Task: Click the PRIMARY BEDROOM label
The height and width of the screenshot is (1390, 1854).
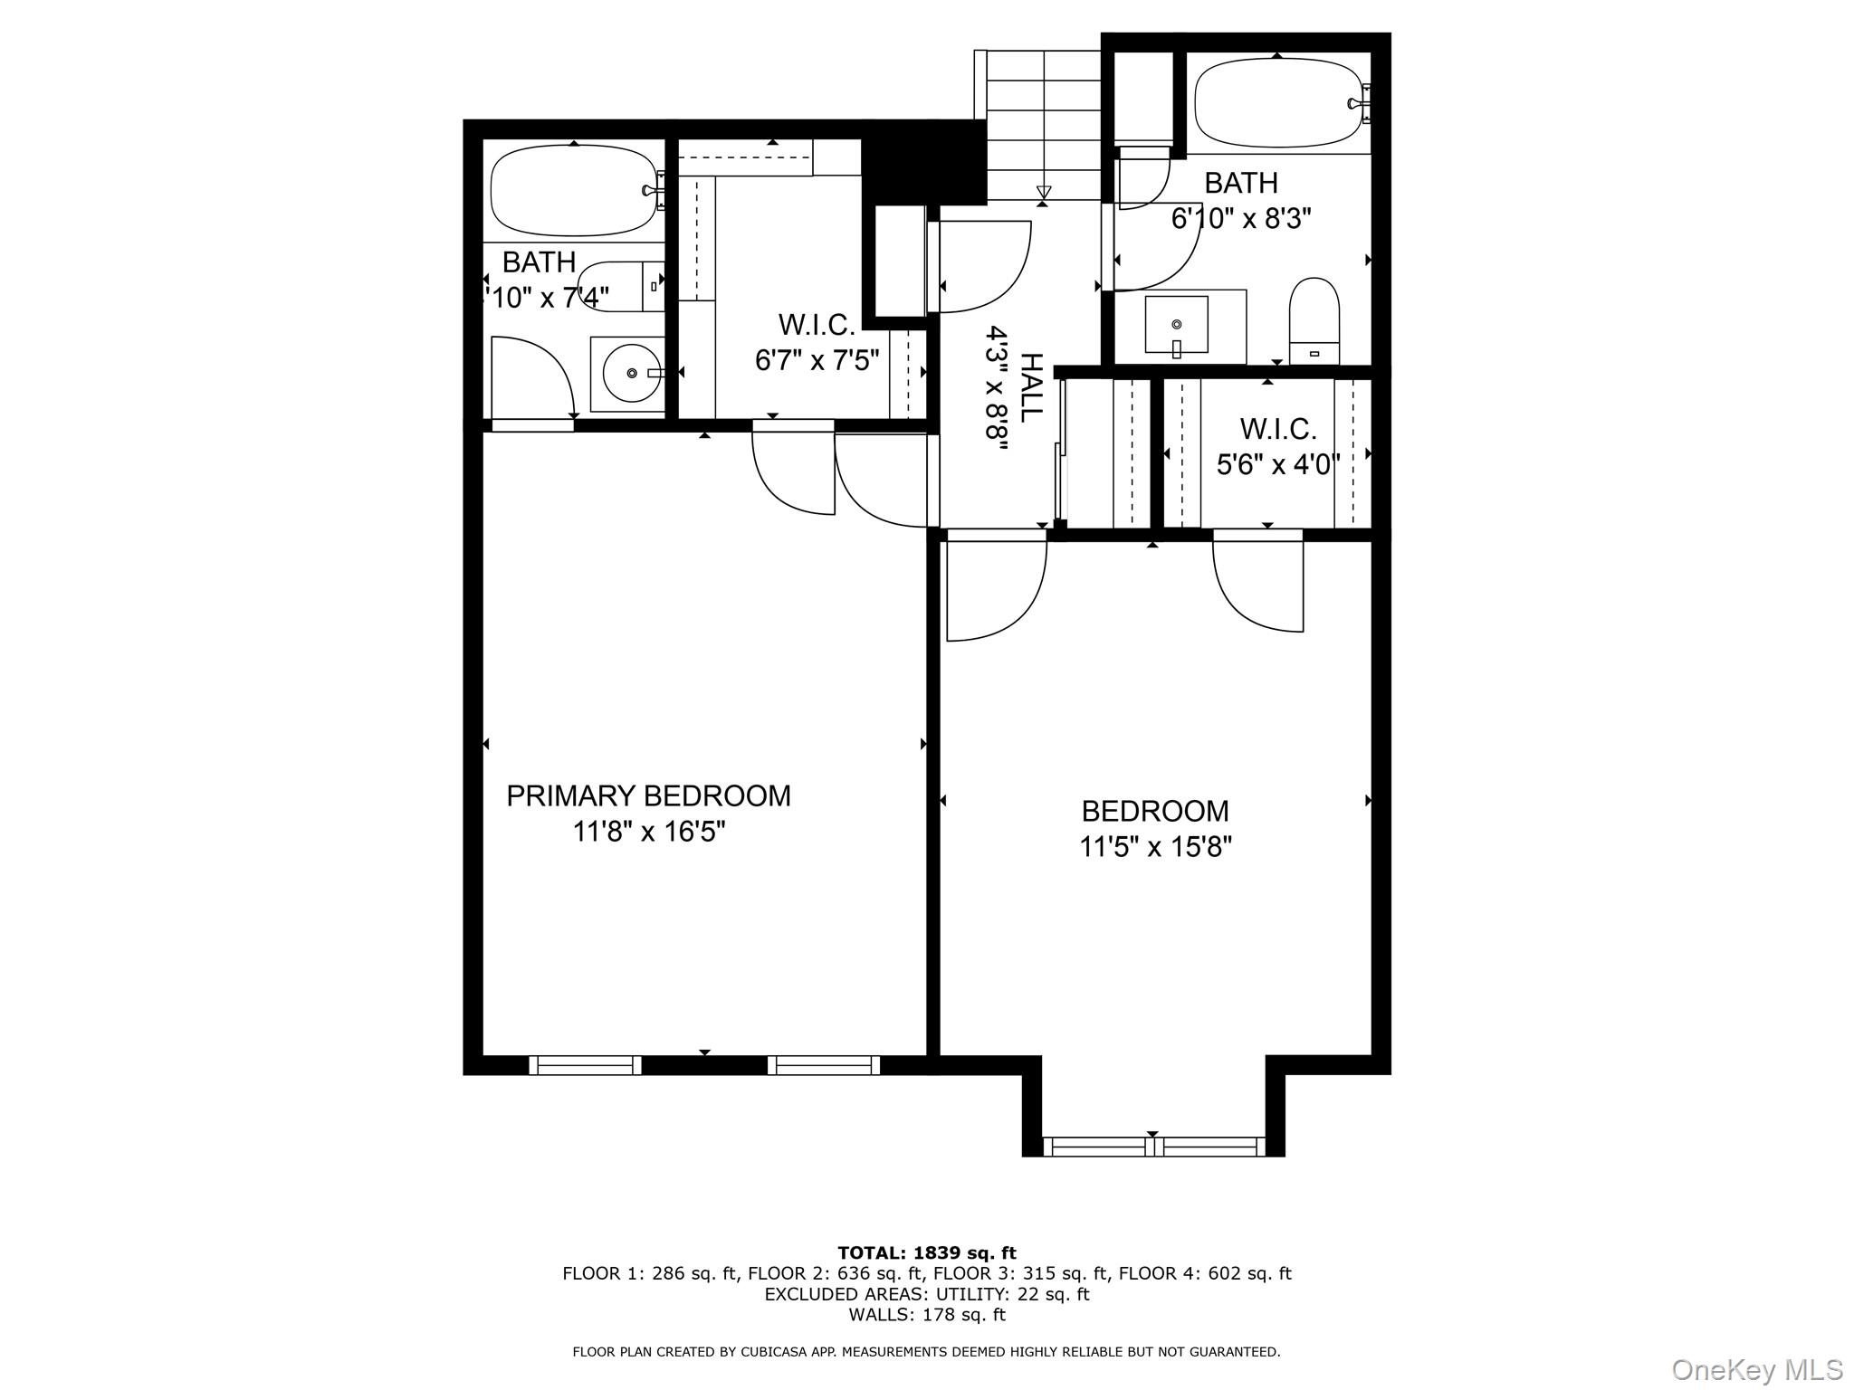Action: (x=648, y=795)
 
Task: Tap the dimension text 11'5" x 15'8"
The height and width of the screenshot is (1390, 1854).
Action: (x=1155, y=847)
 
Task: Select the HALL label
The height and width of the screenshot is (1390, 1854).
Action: (x=1030, y=387)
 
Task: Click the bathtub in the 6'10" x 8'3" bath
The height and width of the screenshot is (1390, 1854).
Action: (x=1277, y=103)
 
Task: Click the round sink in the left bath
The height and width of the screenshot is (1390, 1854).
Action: (x=630, y=373)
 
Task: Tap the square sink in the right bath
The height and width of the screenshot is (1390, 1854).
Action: (x=1176, y=324)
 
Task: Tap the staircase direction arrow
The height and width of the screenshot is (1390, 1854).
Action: (x=1044, y=191)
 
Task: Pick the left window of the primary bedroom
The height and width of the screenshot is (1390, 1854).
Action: (x=585, y=1065)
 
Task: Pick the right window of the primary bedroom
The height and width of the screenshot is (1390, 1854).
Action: (x=824, y=1065)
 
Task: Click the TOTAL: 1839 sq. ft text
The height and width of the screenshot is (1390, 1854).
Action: (x=926, y=1252)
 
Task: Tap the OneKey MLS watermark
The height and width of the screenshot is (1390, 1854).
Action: (x=1756, y=1369)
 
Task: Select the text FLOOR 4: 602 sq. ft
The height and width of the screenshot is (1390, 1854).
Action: (x=1204, y=1273)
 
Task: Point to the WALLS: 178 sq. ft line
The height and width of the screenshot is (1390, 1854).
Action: (x=926, y=1314)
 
